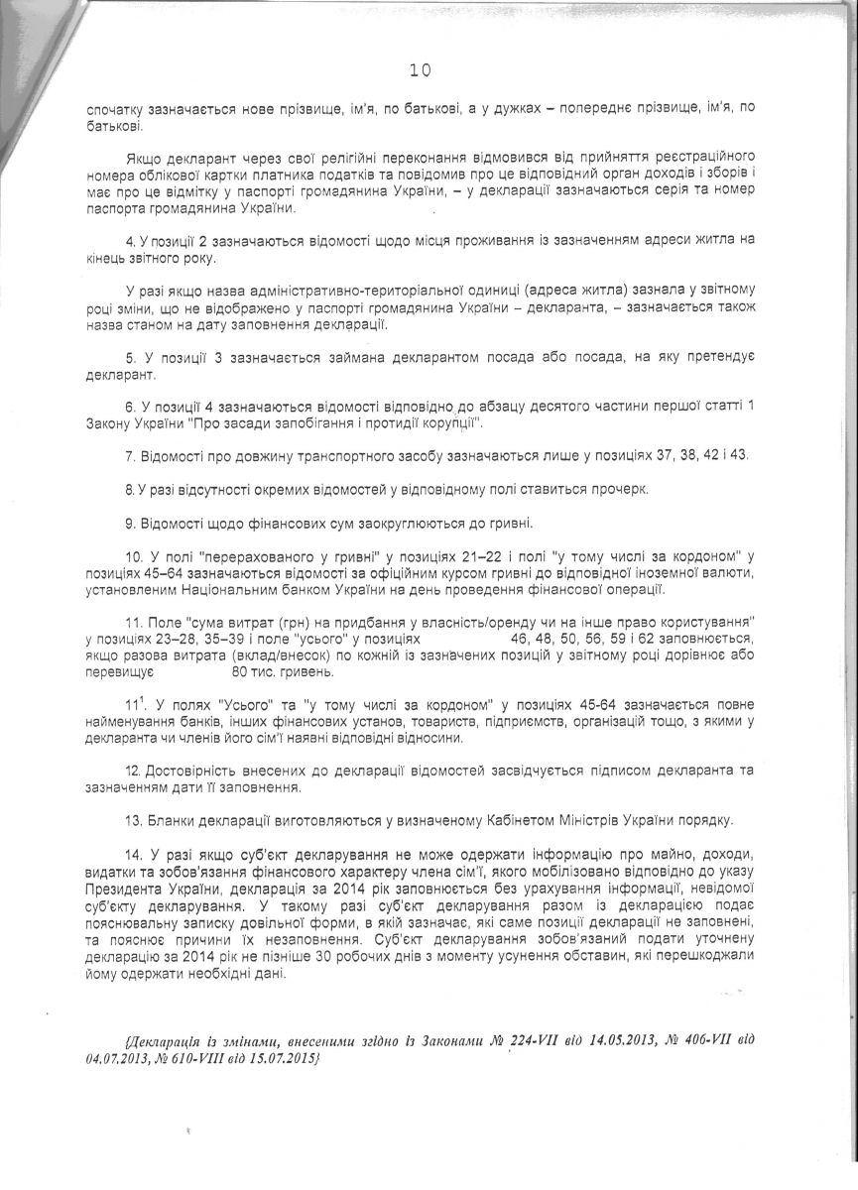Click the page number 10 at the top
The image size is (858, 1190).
click(x=420, y=69)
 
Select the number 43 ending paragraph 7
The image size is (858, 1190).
click(x=740, y=455)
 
